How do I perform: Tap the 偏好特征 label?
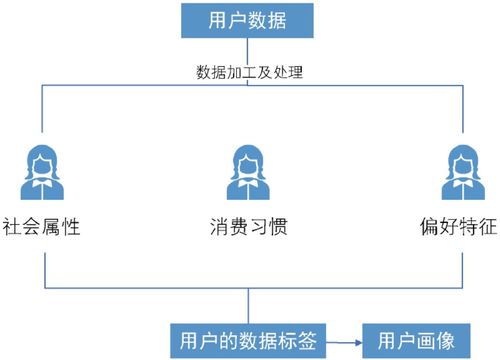coord(458,226)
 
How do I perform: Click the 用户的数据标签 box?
coord(246,339)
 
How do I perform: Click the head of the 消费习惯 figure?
coord(249,160)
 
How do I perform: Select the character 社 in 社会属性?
coord(11,226)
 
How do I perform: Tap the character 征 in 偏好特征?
coord(488,226)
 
